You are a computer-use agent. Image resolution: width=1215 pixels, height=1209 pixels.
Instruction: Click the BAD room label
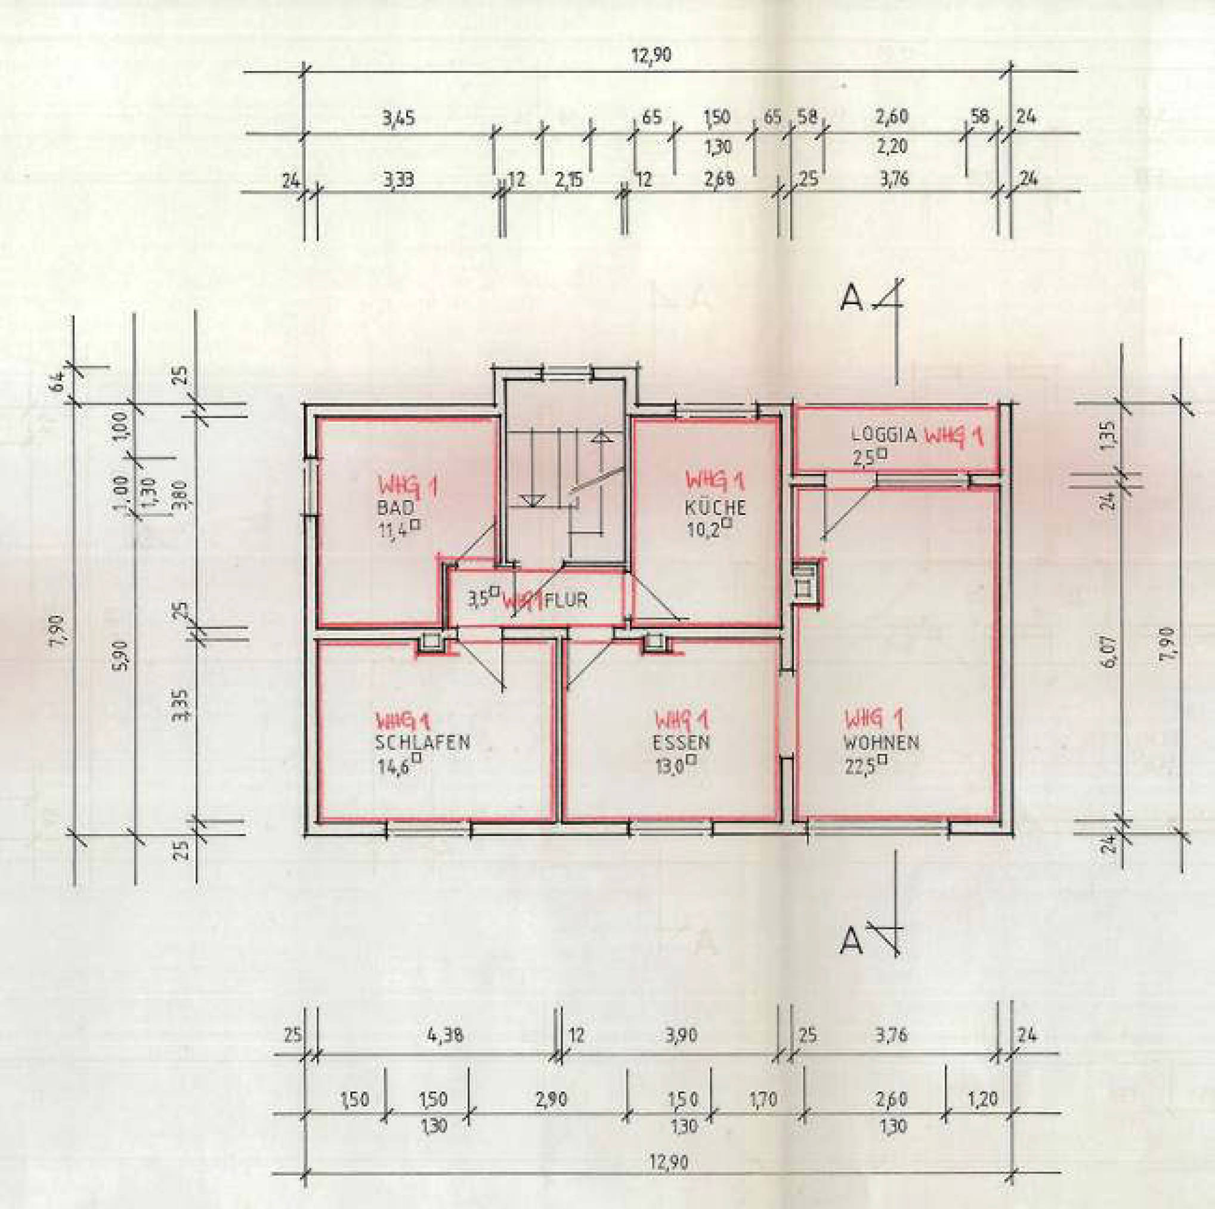click(395, 507)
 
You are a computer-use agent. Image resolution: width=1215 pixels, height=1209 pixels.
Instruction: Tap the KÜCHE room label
click(715, 507)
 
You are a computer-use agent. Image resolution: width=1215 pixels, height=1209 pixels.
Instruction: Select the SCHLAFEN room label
click(423, 742)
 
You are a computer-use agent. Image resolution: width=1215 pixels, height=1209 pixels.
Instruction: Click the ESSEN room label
click(681, 742)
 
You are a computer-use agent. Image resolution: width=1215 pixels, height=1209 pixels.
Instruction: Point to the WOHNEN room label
click(881, 742)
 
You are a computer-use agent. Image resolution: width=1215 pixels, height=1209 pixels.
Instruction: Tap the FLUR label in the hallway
click(567, 600)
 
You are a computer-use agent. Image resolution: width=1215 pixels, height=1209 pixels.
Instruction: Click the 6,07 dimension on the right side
click(1111, 651)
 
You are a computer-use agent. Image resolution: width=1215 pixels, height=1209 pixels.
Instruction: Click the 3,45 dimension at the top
click(398, 118)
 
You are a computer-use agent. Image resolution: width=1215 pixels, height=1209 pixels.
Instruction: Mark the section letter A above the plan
click(852, 299)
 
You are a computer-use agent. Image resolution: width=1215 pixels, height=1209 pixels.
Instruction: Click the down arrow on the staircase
click(533, 500)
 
